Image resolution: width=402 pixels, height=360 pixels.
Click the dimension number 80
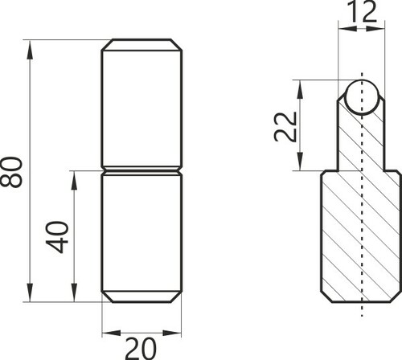[x=11, y=172]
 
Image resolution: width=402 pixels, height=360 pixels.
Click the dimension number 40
[x=57, y=237]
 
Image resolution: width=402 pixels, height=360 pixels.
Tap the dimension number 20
[x=141, y=349]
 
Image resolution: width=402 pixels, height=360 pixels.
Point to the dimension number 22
[x=285, y=126]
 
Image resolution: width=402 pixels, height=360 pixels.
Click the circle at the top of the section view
[x=362, y=97]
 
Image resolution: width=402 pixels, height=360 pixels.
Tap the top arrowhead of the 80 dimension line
[x=30, y=49]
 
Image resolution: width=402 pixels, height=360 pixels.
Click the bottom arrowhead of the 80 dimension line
[x=30, y=292]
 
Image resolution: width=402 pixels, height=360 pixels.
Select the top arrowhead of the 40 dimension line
[x=74, y=180]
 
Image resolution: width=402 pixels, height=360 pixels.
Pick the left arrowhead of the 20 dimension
[x=112, y=333]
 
